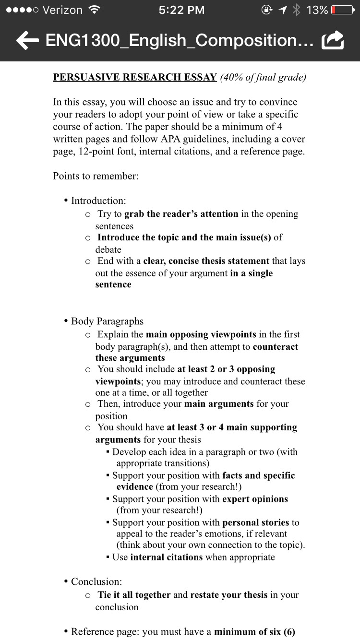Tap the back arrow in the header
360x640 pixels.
[x=28, y=41]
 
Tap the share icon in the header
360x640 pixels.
[x=333, y=40]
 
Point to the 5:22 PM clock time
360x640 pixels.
[x=181, y=10]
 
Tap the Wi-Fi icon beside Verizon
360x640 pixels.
[x=95, y=10]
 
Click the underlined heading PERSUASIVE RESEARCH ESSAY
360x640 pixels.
[x=135, y=77]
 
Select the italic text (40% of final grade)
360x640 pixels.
[x=263, y=77]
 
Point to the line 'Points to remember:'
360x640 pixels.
[x=96, y=176]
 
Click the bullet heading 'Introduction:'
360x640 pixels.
[x=98, y=201]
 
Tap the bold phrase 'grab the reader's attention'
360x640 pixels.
[x=181, y=214]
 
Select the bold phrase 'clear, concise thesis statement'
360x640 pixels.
[x=206, y=261]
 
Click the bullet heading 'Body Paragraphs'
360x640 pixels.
[x=107, y=321]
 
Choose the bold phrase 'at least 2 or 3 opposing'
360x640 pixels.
[x=226, y=369]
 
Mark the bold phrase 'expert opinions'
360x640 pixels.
[x=255, y=499]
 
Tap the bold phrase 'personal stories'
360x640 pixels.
[x=255, y=522]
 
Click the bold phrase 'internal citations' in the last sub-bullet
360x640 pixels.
[x=167, y=557]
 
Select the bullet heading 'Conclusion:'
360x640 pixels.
[x=96, y=581]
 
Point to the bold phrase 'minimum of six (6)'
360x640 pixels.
[x=254, y=632]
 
